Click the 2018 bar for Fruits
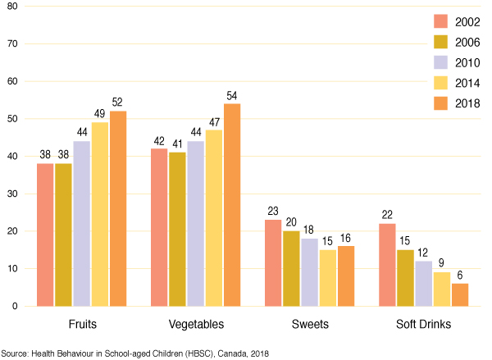point(118,209)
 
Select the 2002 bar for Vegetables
point(158,227)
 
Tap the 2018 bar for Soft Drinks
point(460,294)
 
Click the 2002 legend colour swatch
point(421,21)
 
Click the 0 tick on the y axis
point(13,306)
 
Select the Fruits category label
point(80,325)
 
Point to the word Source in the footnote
point(16,352)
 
